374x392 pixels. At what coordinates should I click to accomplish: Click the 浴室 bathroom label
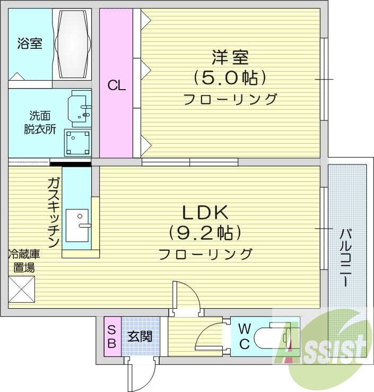(x=30, y=43)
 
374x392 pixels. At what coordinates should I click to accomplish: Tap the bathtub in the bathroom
(x=72, y=45)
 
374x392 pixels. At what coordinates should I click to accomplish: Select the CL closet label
(x=116, y=86)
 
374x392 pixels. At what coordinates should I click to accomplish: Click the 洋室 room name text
(x=230, y=57)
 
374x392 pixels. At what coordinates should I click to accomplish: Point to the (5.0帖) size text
(x=230, y=78)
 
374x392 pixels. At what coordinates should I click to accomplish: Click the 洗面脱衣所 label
(x=40, y=123)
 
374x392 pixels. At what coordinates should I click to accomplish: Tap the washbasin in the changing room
(x=80, y=109)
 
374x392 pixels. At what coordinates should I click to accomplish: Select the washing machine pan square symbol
(x=78, y=142)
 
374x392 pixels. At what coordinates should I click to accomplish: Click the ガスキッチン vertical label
(x=53, y=213)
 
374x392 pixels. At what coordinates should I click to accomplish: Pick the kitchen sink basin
(x=77, y=225)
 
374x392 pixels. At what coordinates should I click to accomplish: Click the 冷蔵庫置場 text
(x=24, y=261)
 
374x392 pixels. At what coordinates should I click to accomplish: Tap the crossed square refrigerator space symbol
(x=22, y=289)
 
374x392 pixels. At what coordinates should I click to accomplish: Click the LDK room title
(x=205, y=213)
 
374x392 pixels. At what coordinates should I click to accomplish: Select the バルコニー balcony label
(x=346, y=258)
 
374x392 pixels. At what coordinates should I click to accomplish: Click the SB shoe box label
(x=112, y=337)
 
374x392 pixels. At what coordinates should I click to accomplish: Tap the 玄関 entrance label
(x=140, y=336)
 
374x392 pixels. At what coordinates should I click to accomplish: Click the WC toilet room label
(x=244, y=336)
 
